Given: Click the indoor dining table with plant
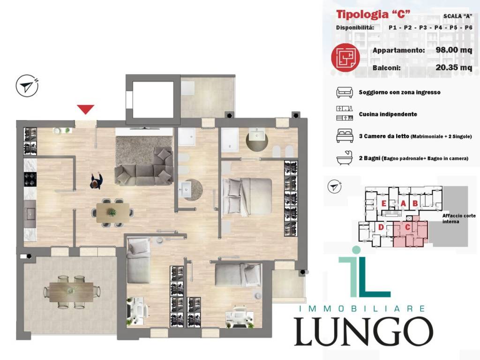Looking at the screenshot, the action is [112, 212].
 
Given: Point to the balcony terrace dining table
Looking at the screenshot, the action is [71, 292].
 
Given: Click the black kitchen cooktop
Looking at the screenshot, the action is [30, 180].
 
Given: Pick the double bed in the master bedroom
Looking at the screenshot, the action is [247, 196].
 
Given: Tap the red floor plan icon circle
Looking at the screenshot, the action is [345, 57].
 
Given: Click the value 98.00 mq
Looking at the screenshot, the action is [454, 50].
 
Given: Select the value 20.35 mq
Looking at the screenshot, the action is [454, 67].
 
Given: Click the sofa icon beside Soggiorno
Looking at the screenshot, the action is [345, 92].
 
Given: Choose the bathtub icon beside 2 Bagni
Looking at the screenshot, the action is [345, 158].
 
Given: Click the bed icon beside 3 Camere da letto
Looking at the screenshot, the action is [345, 136].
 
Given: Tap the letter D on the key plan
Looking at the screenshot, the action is [381, 227].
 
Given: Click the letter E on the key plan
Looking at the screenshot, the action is [383, 203].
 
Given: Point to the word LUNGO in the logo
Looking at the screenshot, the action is [363, 331].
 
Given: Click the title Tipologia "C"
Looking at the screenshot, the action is [373, 15].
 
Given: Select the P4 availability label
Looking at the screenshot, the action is [438, 28].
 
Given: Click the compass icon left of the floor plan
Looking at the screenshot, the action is [27, 86].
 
